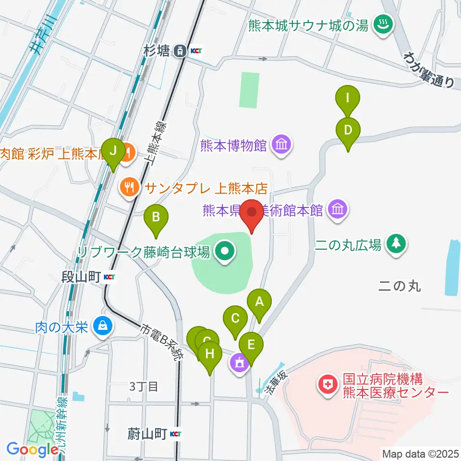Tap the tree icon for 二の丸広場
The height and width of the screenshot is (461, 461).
[396, 245]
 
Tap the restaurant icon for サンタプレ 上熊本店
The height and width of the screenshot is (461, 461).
[129, 186]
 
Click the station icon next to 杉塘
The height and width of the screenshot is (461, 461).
[180, 50]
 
